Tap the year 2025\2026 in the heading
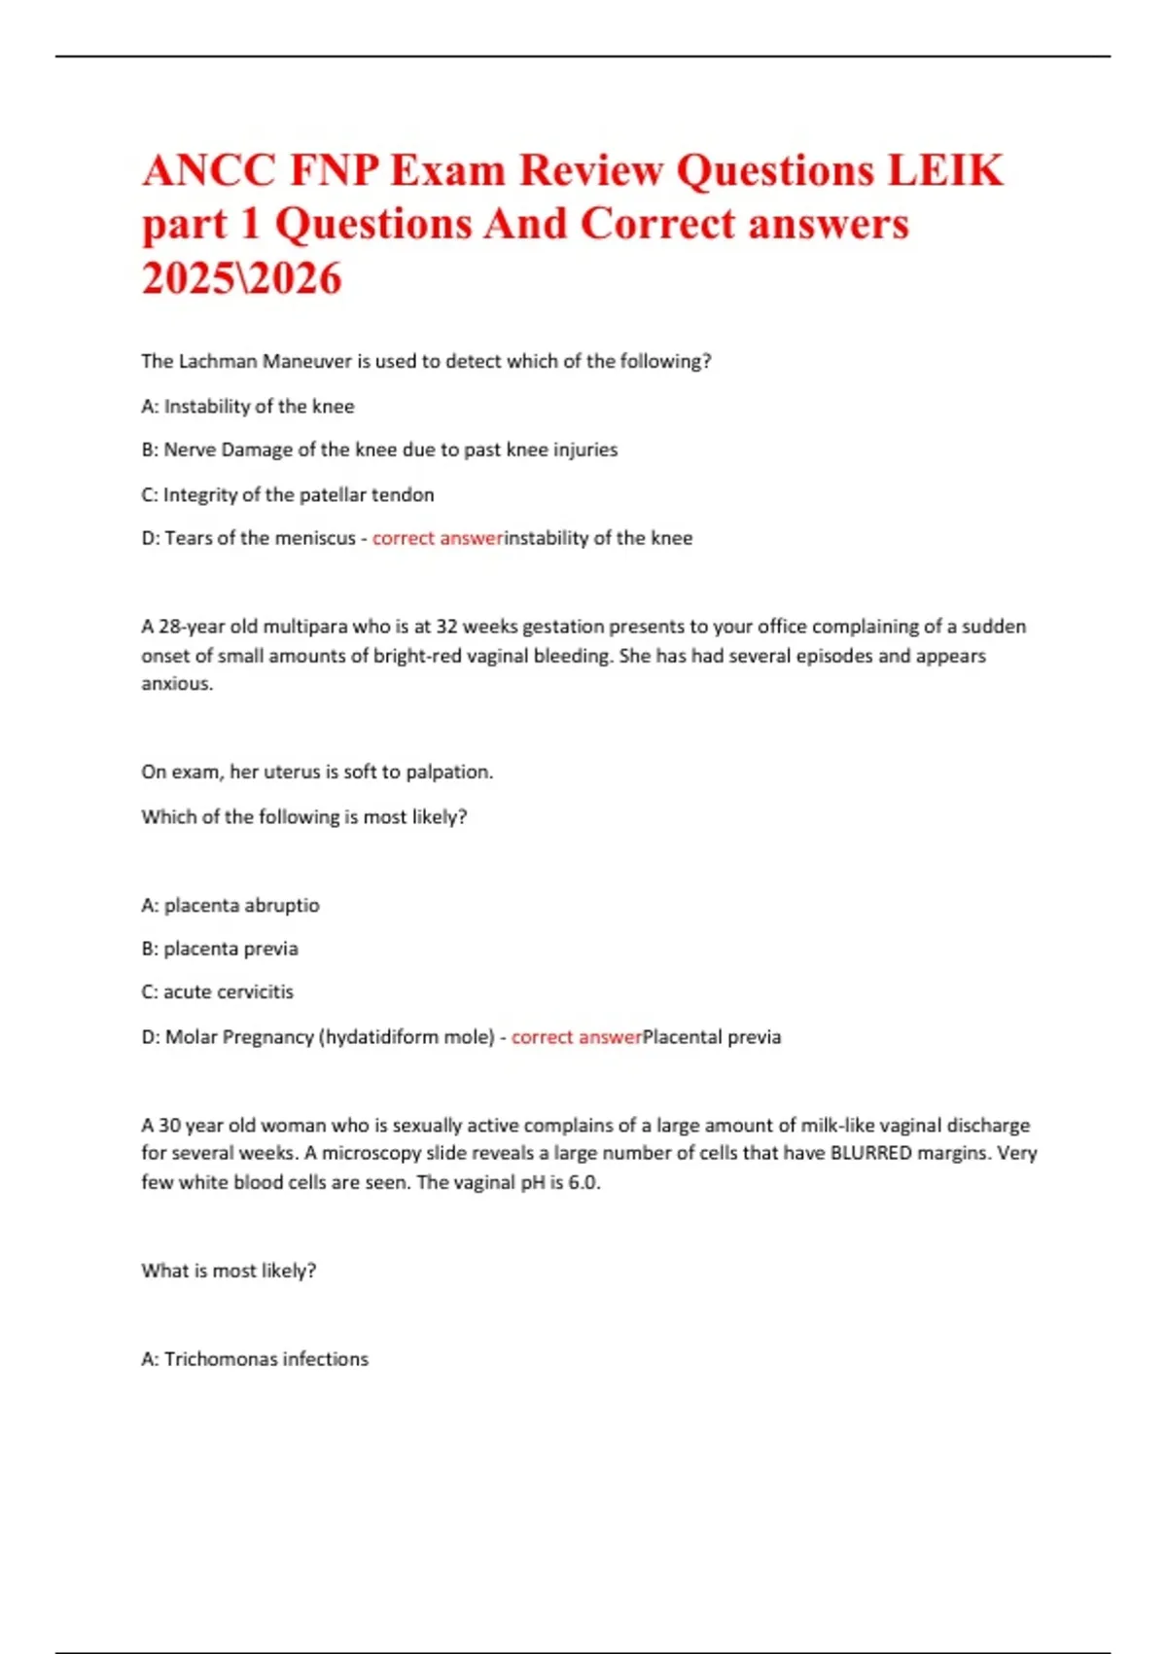pos(241,279)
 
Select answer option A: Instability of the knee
pos(247,406)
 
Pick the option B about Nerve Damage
pos(379,449)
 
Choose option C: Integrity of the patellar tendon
pos(288,494)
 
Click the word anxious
pos(176,683)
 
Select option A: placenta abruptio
pos(230,905)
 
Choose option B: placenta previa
pos(220,949)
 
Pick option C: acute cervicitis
pos(217,992)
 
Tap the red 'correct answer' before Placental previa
pos(577,1037)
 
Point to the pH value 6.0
pos(583,1183)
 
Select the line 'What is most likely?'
pos(229,1271)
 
